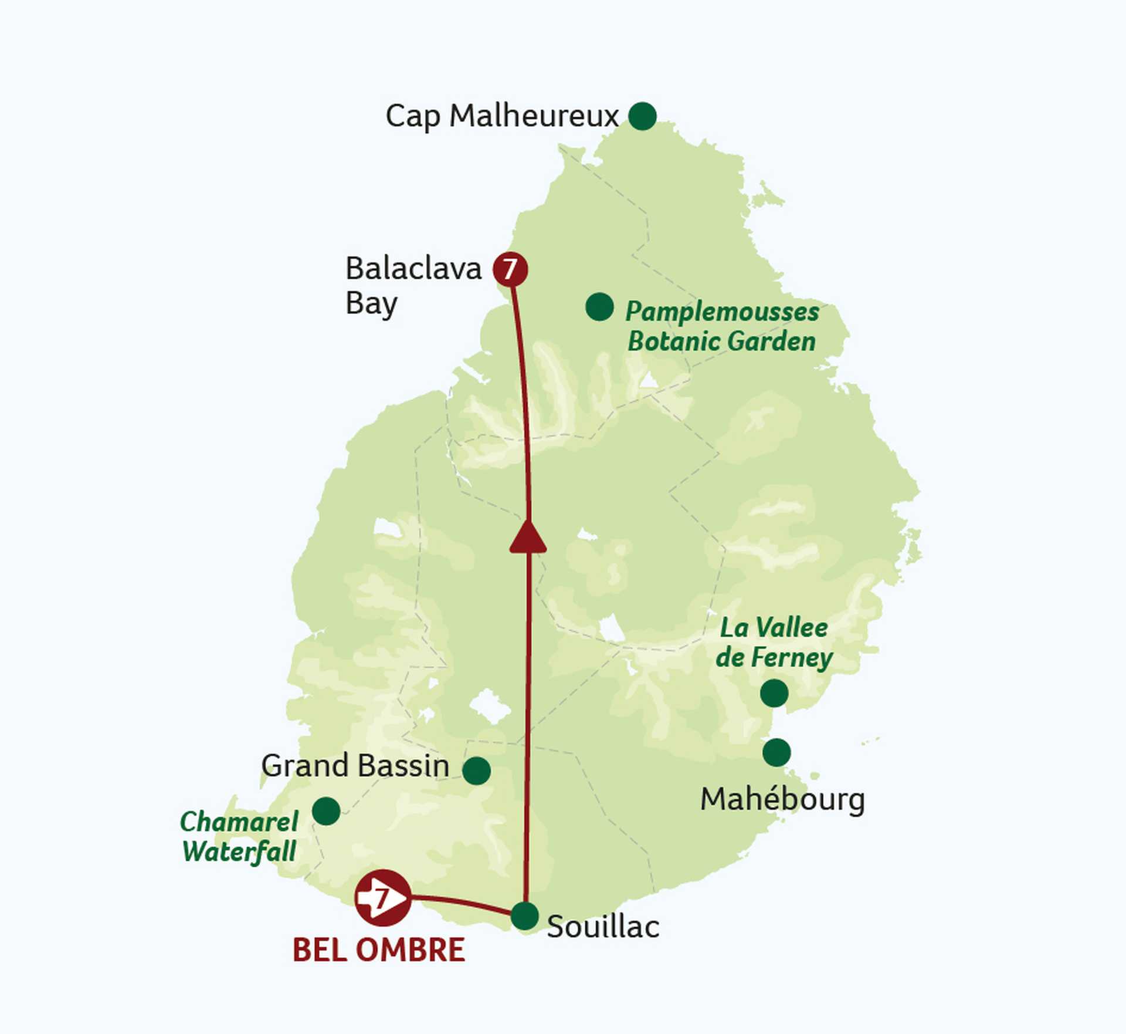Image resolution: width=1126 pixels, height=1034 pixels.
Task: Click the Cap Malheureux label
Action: click(502, 116)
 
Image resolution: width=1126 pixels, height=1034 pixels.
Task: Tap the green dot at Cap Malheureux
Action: click(642, 116)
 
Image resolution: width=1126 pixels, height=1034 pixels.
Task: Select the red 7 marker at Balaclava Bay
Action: click(510, 269)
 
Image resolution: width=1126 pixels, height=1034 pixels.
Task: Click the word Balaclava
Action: click(413, 269)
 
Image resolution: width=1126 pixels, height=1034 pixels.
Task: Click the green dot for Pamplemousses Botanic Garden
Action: click(599, 307)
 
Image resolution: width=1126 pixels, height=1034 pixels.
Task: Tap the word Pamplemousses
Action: click(722, 312)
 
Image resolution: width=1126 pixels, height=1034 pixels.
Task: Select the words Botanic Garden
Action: click(721, 342)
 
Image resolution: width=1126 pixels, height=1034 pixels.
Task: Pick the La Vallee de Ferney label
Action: click(774, 643)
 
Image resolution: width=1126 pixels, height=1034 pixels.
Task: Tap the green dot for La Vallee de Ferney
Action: click(774, 693)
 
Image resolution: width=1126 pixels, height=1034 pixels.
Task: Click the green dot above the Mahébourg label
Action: click(776, 752)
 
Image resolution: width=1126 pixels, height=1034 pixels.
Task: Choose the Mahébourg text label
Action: click(782, 799)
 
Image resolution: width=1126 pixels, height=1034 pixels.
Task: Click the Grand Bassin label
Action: click(355, 766)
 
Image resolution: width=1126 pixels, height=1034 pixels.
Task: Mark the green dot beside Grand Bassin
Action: click(476, 771)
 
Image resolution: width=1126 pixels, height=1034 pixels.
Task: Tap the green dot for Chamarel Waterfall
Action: click(326, 811)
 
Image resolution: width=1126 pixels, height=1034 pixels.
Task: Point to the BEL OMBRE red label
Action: click(379, 950)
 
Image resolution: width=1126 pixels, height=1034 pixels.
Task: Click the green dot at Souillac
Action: click(524, 916)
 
